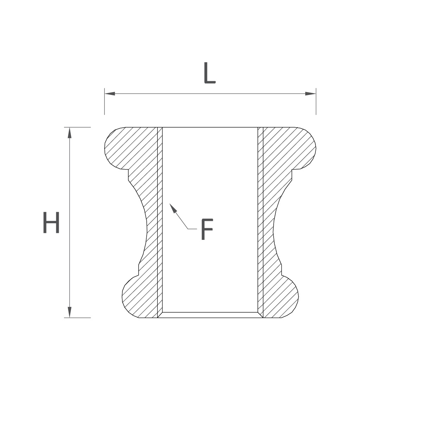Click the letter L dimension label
tap(210, 73)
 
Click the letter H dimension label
tap(51, 222)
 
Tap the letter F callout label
tap(207, 229)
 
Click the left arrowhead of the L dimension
tap(110, 94)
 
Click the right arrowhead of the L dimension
tap(311, 94)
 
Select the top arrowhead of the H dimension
tap(70, 133)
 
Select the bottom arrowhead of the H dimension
tap(70, 312)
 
